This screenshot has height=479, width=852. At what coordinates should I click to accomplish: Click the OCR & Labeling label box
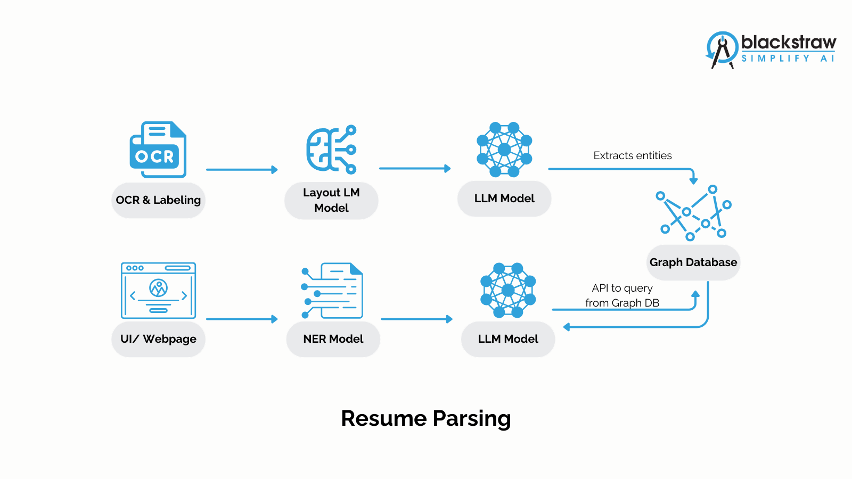[x=158, y=200]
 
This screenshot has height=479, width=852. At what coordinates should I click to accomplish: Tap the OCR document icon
[x=158, y=150]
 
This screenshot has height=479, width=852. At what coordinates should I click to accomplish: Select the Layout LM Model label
[x=331, y=200]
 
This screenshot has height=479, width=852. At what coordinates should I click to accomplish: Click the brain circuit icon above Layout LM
[x=331, y=150]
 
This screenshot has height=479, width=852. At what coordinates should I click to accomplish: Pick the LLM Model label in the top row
[x=504, y=199]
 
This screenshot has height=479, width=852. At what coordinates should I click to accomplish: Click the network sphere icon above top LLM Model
[x=504, y=150]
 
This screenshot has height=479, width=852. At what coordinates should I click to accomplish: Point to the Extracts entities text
[x=632, y=155]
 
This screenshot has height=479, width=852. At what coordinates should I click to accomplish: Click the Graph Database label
[x=693, y=262]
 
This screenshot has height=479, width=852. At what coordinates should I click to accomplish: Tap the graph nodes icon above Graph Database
[x=693, y=213]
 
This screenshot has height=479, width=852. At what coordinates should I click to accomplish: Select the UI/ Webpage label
[x=158, y=339]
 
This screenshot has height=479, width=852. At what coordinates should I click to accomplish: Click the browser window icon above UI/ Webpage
[x=158, y=291]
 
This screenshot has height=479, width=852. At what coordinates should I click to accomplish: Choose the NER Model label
[x=333, y=339]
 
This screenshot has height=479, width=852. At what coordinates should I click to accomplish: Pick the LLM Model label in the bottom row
[x=508, y=339]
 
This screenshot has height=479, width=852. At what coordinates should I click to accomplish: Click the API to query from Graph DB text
[x=622, y=295]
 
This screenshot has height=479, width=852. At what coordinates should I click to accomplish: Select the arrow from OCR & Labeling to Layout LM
[x=242, y=170]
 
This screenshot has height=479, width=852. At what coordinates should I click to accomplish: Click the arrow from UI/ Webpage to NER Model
[x=242, y=319]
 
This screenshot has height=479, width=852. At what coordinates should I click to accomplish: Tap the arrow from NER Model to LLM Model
[x=416, y=319]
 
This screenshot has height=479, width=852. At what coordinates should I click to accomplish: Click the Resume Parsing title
[x=425, y=418]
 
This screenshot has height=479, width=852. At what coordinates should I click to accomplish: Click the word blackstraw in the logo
[x=788, y=42]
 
